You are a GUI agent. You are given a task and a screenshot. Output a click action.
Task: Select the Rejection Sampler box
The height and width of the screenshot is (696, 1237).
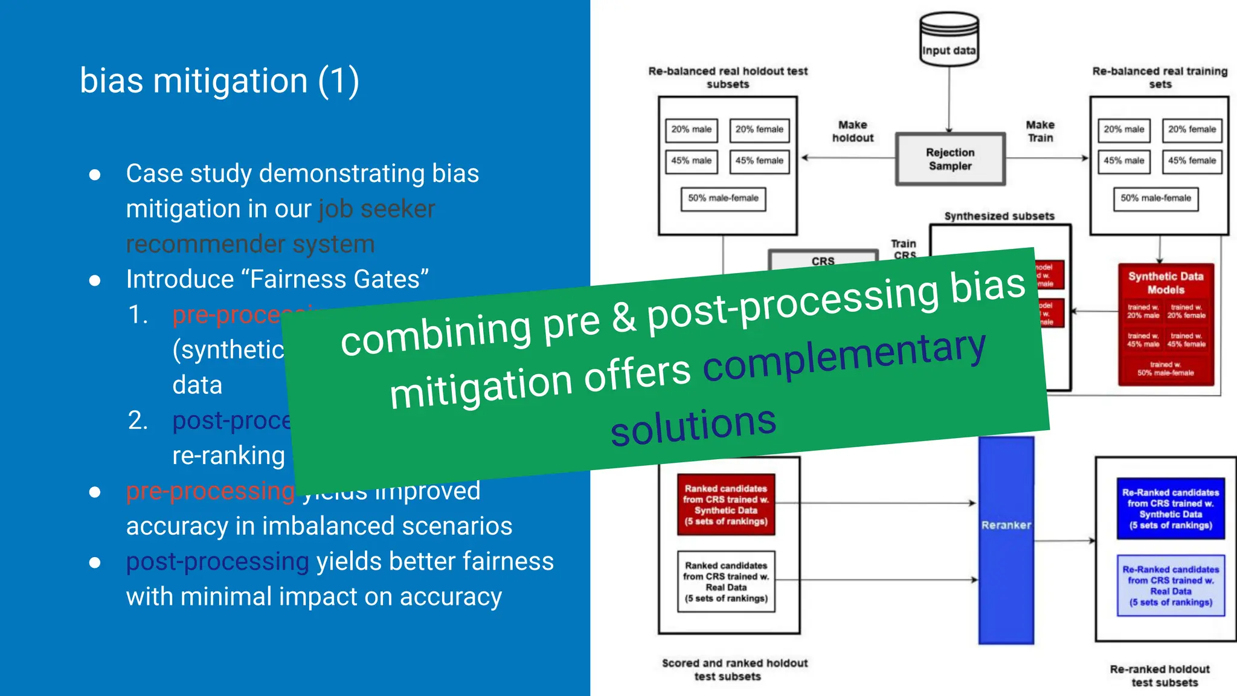(x=950, y=159)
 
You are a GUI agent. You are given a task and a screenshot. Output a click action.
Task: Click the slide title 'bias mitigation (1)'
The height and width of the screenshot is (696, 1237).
(x=219, y=81)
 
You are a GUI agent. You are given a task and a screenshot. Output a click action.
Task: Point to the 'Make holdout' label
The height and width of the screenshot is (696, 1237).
(x=852, y=131)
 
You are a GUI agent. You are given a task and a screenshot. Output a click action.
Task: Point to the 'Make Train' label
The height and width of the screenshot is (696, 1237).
(x=1040, y=131)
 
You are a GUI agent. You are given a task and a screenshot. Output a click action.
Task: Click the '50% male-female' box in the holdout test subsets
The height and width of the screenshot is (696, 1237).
(x=723, y=199)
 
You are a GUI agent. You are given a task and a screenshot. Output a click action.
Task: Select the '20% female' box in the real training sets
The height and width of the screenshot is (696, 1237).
(x=1192, y=130)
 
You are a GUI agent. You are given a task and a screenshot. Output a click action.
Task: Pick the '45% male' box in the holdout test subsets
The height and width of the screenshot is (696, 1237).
(x=691, y=161)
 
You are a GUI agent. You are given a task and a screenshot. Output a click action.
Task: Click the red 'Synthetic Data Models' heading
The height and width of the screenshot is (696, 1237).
(x=1166, y=283)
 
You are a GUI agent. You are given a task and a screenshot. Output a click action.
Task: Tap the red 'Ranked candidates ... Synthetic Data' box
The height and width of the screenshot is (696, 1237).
(x=726, y=504)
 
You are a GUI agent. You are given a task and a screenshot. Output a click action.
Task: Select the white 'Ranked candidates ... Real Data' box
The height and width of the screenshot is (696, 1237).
(x=726, y=581)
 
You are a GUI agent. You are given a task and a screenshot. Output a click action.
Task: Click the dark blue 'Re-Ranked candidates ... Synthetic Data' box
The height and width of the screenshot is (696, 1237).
(x=1171, y=509)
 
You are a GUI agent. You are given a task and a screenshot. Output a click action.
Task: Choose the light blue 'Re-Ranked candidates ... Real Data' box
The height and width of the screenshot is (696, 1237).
(x=1171, y=585)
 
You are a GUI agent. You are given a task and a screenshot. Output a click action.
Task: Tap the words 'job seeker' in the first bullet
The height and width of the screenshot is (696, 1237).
(x=376, y=209)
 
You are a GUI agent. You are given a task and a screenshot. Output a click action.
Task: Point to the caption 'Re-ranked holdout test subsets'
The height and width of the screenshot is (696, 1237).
(x=1160, y=675)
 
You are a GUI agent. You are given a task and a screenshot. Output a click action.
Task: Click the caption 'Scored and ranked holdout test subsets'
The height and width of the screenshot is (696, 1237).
(x=734, y=669)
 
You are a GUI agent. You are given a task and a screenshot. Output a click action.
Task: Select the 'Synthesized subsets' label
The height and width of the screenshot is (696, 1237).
(x=999, y=216)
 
